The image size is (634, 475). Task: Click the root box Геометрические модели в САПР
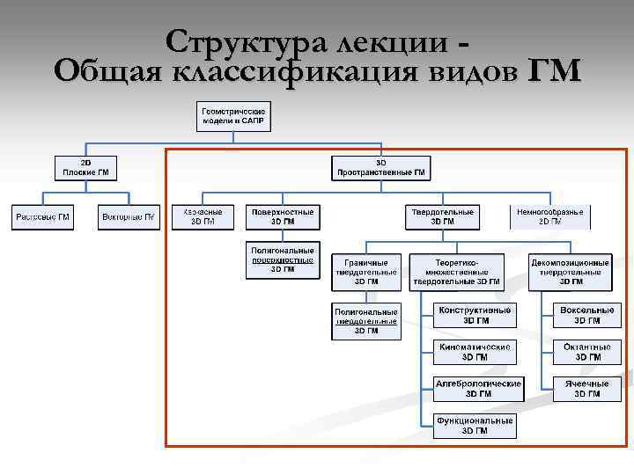pyautogui.click(x=234, y=116)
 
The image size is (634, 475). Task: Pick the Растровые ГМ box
pyautogui.click(x=42, y=216)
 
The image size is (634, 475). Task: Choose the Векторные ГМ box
pyautogui.click(x=129, y=216)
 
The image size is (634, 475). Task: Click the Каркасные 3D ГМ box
pyautogui.click(x=203, y=216)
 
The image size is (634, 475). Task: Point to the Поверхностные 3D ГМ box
pyautogui.click(x=282, y=216)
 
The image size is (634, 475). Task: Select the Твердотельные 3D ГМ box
pyautogui.click(x=442, y=216)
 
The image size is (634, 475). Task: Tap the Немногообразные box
pyautogui.click(x=550, y=216)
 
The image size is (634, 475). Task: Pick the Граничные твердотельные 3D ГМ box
pyautogui.click(x=366, y=272)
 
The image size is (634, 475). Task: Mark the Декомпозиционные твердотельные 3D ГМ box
pyautogui.click(x=570, y=272)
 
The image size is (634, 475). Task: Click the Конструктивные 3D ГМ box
pyautogui.click(x=475, y=316)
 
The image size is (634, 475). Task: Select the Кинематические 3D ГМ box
pyautogui.click(x=475, y=352)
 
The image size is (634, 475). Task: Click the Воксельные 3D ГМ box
pyautogui.click(x=587, y=316)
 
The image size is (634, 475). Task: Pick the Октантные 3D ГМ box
pyautogui.click(x=587, y=352)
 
